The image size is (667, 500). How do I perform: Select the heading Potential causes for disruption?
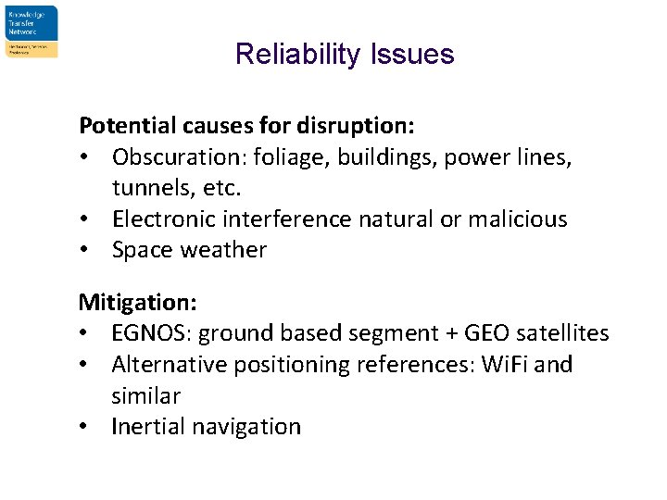point(246,125)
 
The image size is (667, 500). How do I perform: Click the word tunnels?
point(146,188)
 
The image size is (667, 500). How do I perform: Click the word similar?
point(145,395)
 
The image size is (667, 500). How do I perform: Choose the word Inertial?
point(147,427)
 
